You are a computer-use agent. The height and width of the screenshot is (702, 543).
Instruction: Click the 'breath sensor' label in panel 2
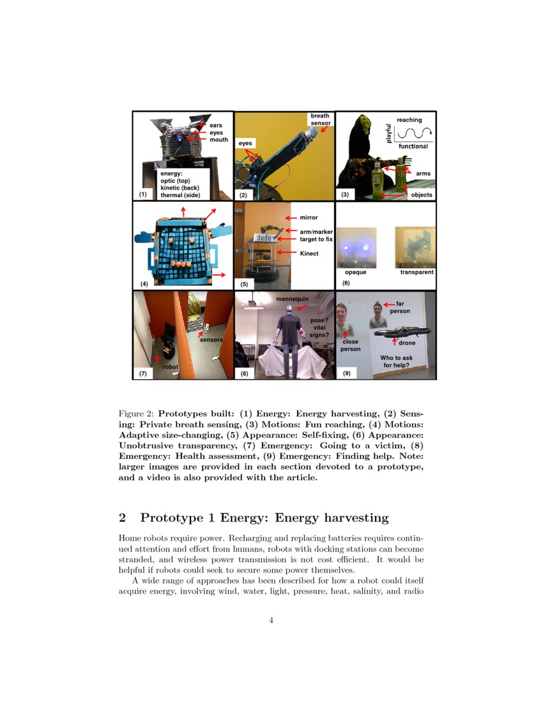[x=319, y=119]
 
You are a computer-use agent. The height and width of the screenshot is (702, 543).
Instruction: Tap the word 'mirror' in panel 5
[x=309, y=218]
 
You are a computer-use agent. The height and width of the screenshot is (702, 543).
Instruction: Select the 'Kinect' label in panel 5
[x=310, y=253]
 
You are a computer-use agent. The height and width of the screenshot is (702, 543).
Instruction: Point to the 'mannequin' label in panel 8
[x=293, y=299]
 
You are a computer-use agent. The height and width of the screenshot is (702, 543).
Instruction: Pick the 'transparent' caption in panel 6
[x=417, y=273]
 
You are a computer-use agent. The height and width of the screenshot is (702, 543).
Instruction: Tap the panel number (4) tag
[x=144, y=283]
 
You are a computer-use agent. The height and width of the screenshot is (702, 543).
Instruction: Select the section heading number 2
[x=123, y=517]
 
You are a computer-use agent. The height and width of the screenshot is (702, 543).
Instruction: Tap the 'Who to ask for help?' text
[x=396, y=362]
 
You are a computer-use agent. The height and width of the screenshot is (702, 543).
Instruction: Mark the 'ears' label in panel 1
[x=217, y=125]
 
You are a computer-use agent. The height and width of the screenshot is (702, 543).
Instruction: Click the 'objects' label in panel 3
[x=422, y=195]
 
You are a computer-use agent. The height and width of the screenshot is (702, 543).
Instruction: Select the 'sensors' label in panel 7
[x=211, y=340]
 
